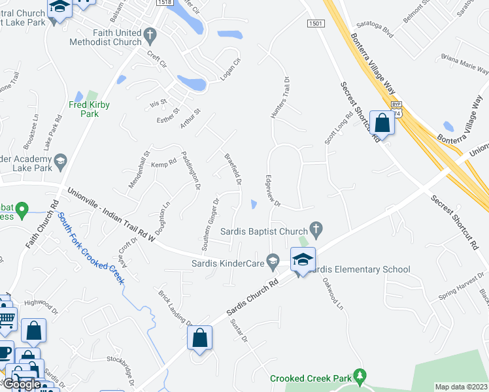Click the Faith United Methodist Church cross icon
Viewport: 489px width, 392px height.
(x=150, y=33)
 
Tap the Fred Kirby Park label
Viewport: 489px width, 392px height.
(x=90, y=109)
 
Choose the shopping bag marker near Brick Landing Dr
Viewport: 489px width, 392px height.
(x=200, y=338)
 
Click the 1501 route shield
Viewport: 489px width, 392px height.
(x=316, y=24)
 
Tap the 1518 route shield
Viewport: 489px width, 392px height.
(x=165, y=3)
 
